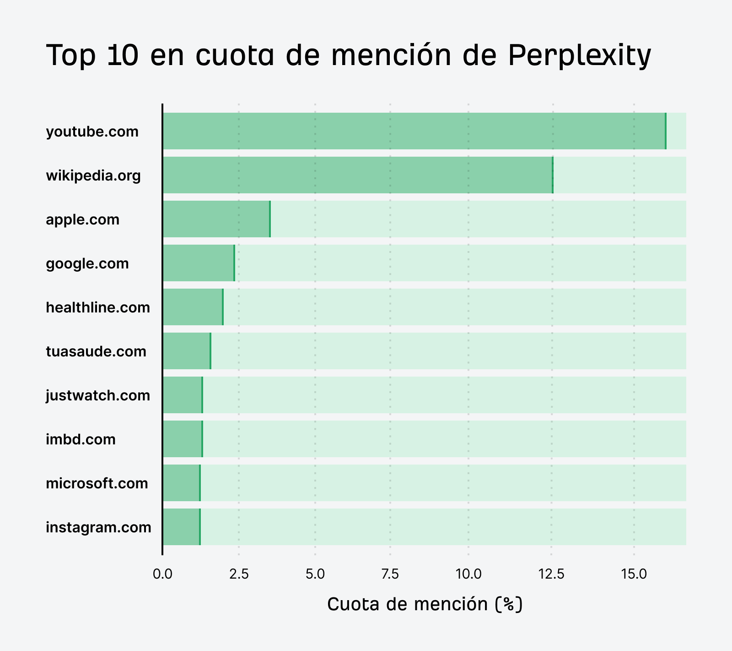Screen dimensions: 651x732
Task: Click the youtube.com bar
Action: (x=414, y=131)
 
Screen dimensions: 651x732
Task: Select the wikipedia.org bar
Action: (x=358, y=175)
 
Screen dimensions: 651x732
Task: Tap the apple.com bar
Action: (x=216, y=219)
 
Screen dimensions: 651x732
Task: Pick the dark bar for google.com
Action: (x=199, y=263)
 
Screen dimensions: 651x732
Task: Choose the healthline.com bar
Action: (x=193, y=307)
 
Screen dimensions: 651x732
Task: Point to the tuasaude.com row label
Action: (x=96, y=351)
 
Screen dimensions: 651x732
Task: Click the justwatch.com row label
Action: (x=98, y=395)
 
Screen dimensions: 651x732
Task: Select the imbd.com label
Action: (x=81, y=439)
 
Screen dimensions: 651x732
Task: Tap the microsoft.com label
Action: (x=97, y=483)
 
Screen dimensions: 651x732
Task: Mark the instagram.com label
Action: (x=98, y=527)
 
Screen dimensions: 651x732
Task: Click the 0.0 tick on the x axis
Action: (x=162, y=574)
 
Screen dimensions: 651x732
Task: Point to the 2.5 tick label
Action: (x=239, y=574)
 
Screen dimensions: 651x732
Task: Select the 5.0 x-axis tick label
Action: (x=315, y=574)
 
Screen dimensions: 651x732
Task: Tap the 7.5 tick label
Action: (x=390, y=574)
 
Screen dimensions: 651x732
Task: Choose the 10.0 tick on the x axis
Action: (x=468, y=574)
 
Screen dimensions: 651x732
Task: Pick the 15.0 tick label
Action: (x=634, y=574)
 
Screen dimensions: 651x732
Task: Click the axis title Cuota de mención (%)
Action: (x=425, y=604)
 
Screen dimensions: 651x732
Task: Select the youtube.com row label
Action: (x=92, y=131)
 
